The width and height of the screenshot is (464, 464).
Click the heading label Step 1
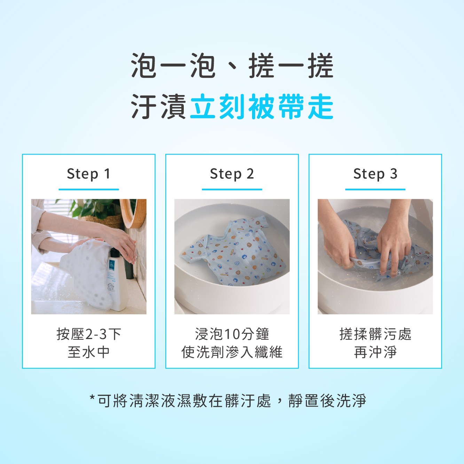click(x=89, y=174)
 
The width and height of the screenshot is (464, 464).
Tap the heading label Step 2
click(x=232, y=174)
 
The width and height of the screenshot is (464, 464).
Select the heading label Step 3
click(x=375, y=174)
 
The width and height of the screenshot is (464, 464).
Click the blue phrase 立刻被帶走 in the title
click(x=261, y=107)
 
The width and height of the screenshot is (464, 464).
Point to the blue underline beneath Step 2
click(x=232, y=189)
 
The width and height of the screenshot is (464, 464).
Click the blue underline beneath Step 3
click(x=375, y=189)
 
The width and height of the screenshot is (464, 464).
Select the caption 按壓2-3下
click(x=89, y=334)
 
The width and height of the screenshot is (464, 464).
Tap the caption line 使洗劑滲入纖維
click(x=232, y=352)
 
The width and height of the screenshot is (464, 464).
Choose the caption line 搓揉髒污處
click(x=375, y=334)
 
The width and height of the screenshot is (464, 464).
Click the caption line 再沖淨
click(x=375, y=352)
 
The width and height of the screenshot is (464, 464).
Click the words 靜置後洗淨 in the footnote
click(x=328, y=401)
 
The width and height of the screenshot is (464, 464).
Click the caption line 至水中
click(x=89, y=352)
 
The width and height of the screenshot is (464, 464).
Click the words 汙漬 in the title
click(x=158, y=107)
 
